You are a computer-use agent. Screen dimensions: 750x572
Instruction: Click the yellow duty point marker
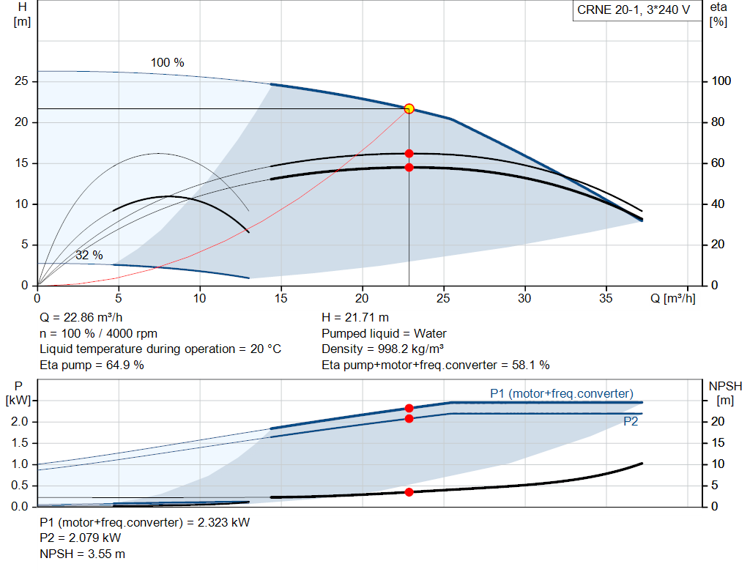point(409,109)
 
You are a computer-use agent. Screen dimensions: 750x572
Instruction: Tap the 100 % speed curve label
point(168,63)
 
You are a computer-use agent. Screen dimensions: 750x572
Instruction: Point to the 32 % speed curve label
point(89,255)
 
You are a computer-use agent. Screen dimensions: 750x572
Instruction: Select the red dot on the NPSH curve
point(409,492)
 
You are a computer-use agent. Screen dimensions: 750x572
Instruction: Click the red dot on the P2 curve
point(409,418)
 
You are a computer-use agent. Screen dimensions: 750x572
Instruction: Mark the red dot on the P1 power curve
point(409,408)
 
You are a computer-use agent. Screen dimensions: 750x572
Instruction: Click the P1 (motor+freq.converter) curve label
point(562,393)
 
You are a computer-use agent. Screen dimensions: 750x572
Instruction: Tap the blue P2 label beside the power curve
point(631,421)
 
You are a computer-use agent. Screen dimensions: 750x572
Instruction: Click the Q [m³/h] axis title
point(672,298)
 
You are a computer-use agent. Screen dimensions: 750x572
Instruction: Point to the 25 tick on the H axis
point(21,81)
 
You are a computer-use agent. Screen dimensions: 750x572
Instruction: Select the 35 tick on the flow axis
point(606,298)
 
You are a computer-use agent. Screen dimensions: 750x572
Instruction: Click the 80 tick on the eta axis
point(718,122)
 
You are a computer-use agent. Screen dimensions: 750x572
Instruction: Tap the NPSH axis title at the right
point(725,393)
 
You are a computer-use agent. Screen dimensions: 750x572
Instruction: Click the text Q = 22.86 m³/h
point(81,317)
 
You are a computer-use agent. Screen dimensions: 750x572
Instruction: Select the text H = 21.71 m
point(355,317)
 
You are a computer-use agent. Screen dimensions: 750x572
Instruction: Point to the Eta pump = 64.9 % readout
point(92,365)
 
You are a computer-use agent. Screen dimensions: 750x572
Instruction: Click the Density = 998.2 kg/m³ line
point(382,349)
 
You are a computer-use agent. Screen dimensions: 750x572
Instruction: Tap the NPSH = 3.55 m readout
point(82,554)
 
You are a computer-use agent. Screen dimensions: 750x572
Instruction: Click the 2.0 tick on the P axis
point(20,421)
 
